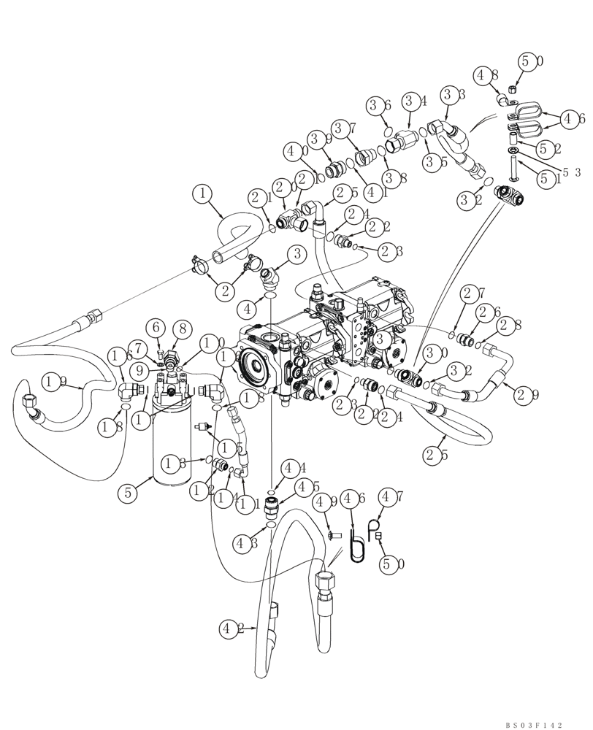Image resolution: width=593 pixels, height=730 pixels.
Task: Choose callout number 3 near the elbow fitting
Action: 296,254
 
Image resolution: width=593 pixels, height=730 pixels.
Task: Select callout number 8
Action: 183,328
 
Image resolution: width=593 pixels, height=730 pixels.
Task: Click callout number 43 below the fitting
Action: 245,543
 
